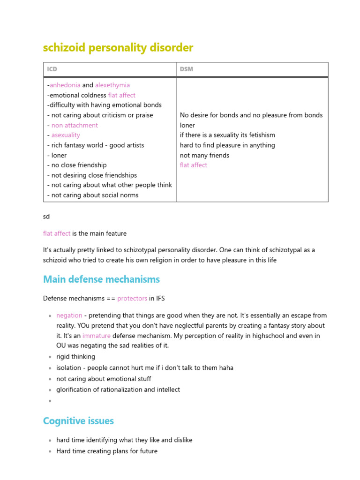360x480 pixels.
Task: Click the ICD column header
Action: pos(52,69)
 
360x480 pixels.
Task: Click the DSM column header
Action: pos(186,69)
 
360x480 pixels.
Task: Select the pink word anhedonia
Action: pos(65,85)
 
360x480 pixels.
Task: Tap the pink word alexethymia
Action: pos(112,85)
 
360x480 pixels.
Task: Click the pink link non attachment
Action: pos(75,125)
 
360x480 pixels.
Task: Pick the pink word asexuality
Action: pos(66,135)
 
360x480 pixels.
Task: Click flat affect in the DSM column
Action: pos(193,165)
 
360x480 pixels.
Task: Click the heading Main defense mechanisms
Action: pos(101,279)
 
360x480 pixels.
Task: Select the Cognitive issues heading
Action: pos(78,421)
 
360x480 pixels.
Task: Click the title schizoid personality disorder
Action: pos(118,48)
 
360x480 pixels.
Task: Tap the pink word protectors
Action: pos(132,298)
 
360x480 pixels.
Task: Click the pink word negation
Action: pos(69,315)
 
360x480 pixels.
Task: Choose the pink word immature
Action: pos(97,336)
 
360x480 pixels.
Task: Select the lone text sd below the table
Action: pos(46,217)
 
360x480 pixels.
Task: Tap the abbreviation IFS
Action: pos(160,298)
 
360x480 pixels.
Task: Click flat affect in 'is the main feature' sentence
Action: pos(57,233)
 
